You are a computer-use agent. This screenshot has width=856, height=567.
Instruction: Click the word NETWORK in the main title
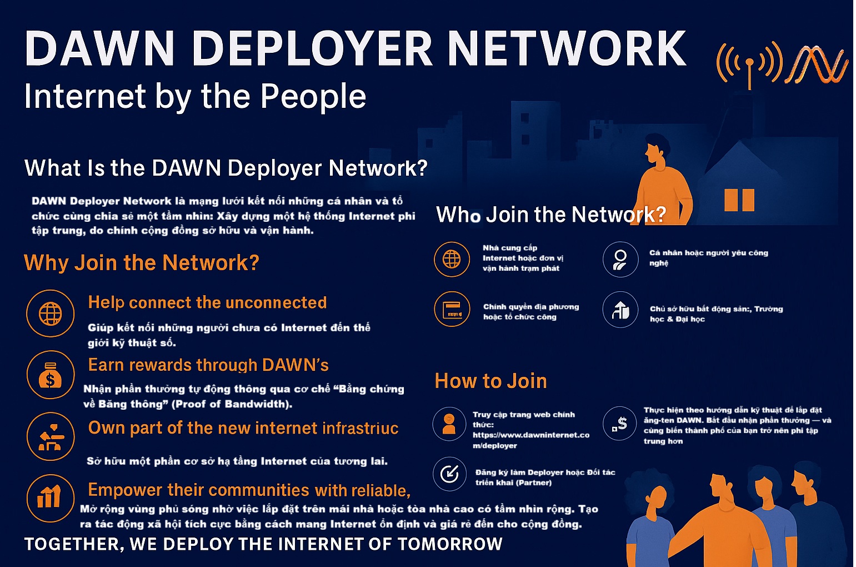point(567,49)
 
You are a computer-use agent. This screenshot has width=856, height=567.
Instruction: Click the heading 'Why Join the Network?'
point(142,262)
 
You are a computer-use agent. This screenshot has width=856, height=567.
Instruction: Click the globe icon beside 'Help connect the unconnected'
point(50,314)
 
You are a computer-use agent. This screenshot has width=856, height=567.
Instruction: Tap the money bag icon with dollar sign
point(50,375)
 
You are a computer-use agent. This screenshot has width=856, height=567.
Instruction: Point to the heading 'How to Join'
point(490,381)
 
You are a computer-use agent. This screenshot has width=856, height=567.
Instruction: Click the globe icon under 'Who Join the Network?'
point(452,259)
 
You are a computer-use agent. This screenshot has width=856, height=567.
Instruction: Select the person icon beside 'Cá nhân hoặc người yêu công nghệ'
point(620,260)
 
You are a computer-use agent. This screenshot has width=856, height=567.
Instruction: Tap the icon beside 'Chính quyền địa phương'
point(452,309)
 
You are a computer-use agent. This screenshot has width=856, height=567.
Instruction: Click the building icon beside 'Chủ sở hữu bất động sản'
point(620,310)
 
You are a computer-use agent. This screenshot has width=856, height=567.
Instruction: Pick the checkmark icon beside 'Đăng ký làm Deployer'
point(449,474)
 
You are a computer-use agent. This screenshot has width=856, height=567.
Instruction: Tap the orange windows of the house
point(739,200)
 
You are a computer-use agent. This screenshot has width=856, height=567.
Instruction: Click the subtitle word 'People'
point(313,96)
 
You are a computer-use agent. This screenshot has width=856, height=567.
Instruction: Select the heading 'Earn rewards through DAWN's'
point(208,365)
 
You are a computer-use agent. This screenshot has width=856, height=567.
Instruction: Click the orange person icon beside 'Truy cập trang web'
point(449,424)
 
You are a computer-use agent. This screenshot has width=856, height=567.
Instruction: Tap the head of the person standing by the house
point(656,147)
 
